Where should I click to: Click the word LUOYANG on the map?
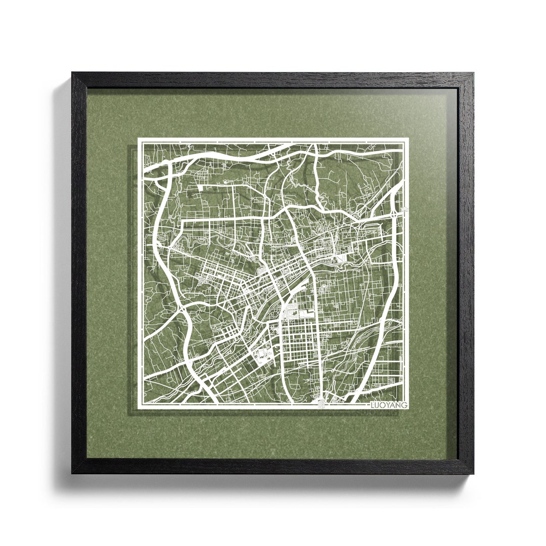388,404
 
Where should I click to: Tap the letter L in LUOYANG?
373,404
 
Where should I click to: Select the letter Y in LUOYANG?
388,404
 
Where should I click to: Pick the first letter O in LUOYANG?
383,404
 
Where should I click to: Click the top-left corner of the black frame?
72,73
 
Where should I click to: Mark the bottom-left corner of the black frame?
72,473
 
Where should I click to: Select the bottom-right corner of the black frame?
473,474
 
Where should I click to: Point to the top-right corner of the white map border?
407,140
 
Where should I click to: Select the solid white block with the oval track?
264,355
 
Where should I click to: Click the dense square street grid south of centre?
298,344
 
